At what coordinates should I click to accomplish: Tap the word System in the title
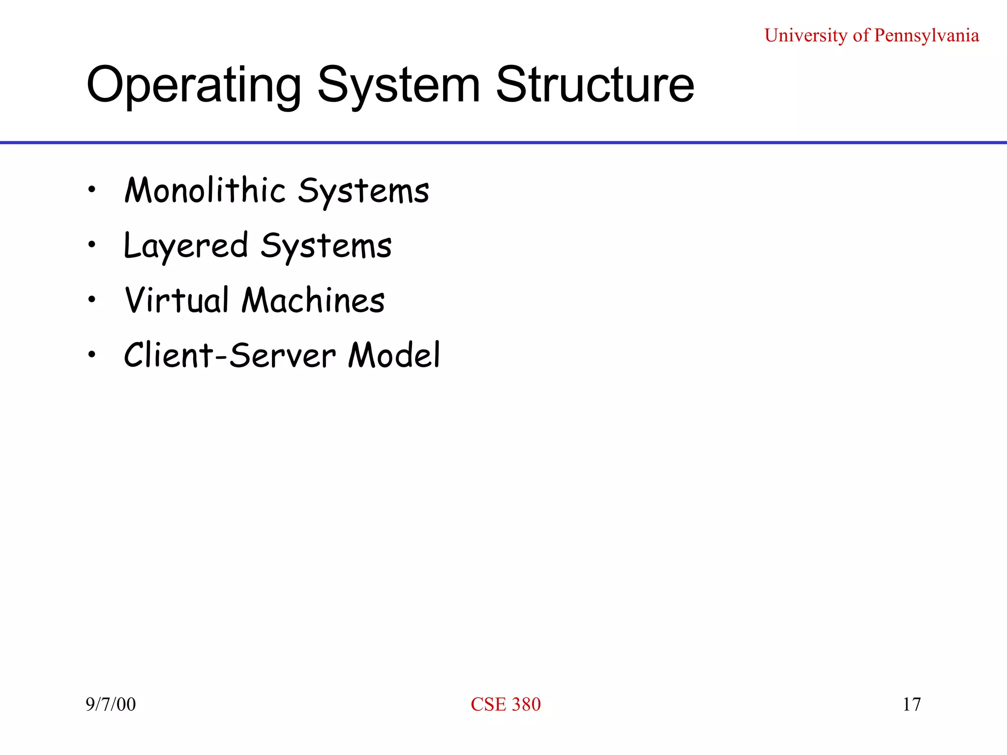coord(399,86)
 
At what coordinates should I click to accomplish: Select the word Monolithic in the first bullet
coord(205,190)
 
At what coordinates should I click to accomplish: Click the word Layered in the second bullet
coord(186,246)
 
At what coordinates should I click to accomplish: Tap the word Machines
coord(313,300)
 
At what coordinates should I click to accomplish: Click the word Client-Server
coord(230,355)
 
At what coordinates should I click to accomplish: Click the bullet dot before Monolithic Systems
coord(91,189)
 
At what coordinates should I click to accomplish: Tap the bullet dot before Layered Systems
coord(91,244)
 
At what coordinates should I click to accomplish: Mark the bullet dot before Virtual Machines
coord(91,299)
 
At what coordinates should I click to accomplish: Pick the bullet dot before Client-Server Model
coord(91,354)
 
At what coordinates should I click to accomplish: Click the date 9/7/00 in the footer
coord(111,704)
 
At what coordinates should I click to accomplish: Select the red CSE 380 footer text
coord(505,704)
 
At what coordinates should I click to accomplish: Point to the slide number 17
coord(912,704)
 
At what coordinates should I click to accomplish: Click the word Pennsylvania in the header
coord(926,36)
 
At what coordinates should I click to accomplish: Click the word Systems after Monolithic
coord(363,192)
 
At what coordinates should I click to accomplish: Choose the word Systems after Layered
coord(326,247)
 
